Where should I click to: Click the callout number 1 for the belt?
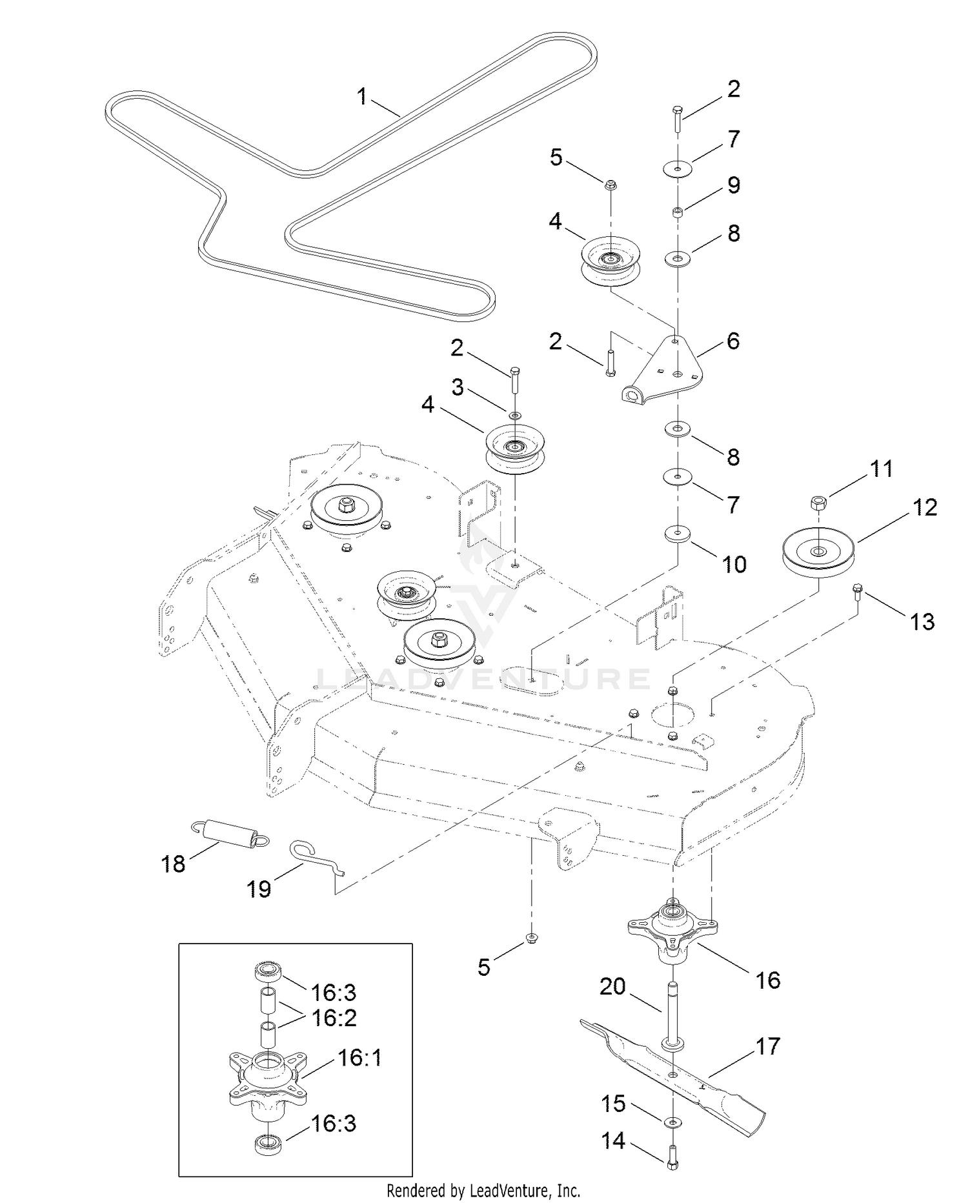[362, 97]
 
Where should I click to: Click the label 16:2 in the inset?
[334, 1018]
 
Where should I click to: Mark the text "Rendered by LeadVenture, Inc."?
[483, 1189]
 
